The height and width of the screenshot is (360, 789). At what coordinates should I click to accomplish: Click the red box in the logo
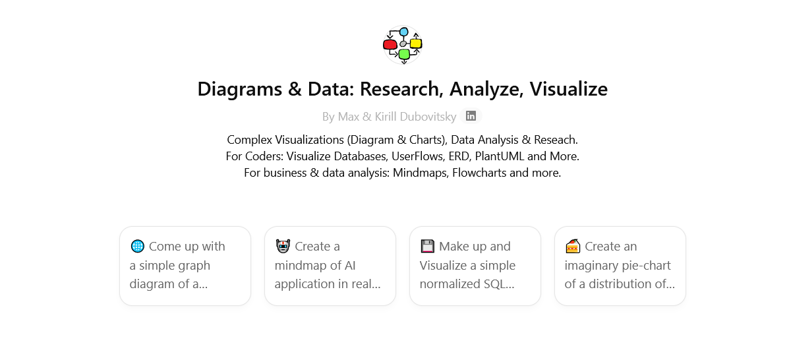[390, 45]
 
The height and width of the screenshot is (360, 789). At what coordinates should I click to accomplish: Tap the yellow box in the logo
[416, 44]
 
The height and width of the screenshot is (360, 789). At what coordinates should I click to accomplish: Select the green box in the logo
[404, 54]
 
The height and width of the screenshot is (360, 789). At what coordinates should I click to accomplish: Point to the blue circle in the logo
[403, 32]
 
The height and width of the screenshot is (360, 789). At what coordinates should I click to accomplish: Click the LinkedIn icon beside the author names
[471, 116]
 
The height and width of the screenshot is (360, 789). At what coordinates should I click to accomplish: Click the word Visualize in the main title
[569, 88]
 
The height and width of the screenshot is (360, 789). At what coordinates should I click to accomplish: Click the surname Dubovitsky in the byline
[424, 117]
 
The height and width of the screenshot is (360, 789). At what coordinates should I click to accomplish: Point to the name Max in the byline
[348, 117]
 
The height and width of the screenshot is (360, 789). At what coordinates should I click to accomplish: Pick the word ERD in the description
[487, 156]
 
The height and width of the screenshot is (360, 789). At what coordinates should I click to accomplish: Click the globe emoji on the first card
[137, 246]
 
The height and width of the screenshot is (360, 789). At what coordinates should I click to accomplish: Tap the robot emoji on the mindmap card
[282, 246]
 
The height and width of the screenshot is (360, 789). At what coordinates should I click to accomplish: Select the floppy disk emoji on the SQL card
[427, 246]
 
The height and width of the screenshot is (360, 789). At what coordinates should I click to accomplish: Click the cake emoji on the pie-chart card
[572, 246]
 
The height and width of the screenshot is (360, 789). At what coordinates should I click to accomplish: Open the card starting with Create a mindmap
[330, 266]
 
